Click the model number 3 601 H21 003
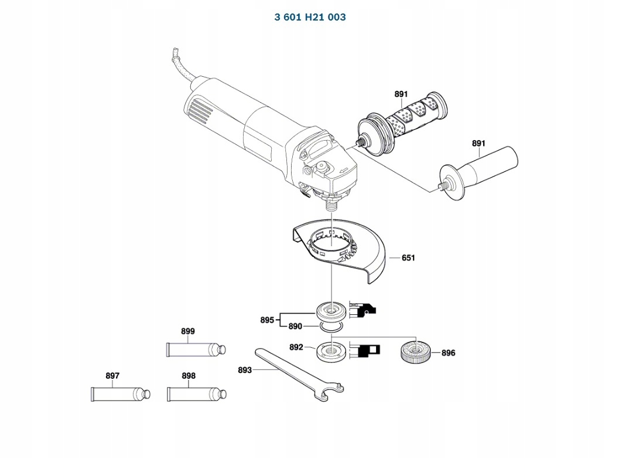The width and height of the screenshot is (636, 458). pyautogui.click(x=310, y=17)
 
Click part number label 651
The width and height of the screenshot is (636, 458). pyautogui.click(x=408, y=258)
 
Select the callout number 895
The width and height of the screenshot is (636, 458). pyautogui.click(x=267, y=320)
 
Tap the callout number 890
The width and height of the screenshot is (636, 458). pyautogui.click(x=295, y=326)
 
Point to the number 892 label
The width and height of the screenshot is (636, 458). pyautogui.click(x=296, y=347)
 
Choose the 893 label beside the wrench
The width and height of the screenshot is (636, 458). pyautogui.click(x=245, y=370)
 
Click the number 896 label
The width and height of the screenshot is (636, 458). pyautogui.click(x=448, y=353)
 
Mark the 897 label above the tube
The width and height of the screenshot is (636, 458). pyautogui.click(x=112, y=375)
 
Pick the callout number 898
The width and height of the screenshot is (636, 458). pyautogui.click(x=189, y=375)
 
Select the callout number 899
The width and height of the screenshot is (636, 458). pyautogui.click(x=188, y=331)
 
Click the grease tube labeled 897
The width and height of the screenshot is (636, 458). pyautogui.click(x=121, y=394)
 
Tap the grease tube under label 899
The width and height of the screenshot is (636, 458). pyautogui.click(x=196, y=350)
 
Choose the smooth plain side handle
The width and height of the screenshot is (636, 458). pyautogui.click(x=478, y=172)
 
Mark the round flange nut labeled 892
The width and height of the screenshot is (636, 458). pyautogui.click(x=332, y=351)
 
